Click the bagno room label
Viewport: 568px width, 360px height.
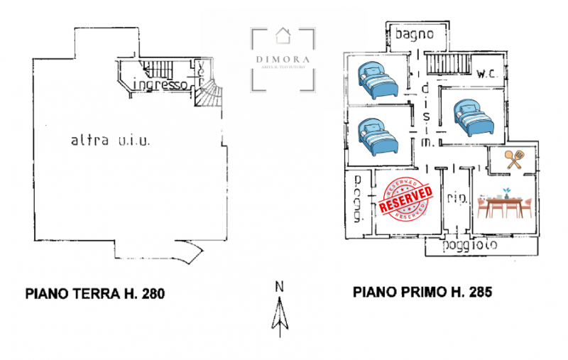pyautogui.click(x=414, y=33)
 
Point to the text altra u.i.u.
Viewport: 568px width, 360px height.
pyautogui.click(x=110, y=141)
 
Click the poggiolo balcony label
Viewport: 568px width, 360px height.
pyautogui.click(x=469, y=246)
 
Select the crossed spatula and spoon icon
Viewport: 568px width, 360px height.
pyautogui.click(x=515, y=159)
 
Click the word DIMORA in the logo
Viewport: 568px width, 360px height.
pyautogui.click(x=283, y=60)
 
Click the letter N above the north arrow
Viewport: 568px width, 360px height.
pyautogui.click(x=280, y=287)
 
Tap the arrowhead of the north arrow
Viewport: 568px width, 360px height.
pyautogui.click(x=280, y=307)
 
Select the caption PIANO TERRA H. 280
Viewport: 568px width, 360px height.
pyautogui.click(x=95, y=293)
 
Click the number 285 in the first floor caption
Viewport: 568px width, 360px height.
pyautogui.click(x=479, y=293)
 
